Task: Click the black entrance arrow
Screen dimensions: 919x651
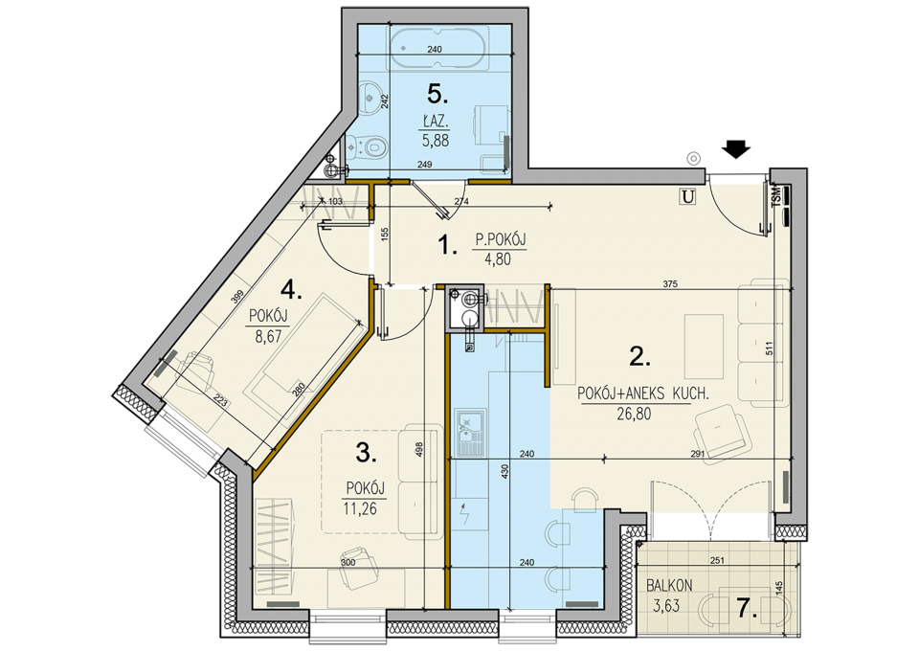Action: click(736, 149)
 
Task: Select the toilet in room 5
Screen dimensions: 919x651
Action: click(367, 146)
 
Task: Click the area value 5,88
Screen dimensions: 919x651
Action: click(435, 140)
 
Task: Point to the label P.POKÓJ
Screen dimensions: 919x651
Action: click(500, 239)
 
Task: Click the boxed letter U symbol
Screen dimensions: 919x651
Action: click(687, 197)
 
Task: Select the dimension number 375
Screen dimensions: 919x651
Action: click(670, 283)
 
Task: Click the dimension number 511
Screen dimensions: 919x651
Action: click(770, 348)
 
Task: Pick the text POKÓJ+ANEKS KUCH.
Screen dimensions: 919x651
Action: click(643, 393)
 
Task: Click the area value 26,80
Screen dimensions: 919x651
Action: click(634, 415)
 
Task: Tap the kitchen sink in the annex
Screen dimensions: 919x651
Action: click(470, 433)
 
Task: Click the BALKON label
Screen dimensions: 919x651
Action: click(669, 585)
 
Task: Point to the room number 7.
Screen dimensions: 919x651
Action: click(748, 609)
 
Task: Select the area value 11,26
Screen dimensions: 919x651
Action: click(360, 508)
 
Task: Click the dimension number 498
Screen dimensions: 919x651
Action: click(419, 450)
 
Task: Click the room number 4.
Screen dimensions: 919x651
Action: click(291, 290)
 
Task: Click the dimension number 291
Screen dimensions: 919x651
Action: click(697, 454)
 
